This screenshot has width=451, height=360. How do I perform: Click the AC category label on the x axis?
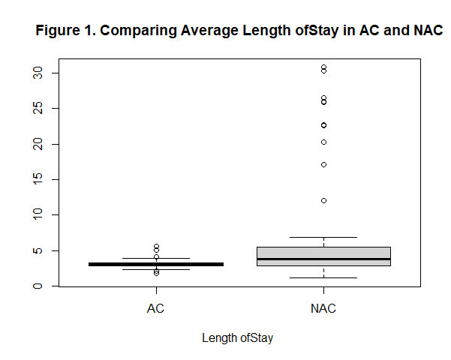(x=156, y=307)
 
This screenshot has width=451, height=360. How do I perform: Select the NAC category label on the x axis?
(x=323, y=307)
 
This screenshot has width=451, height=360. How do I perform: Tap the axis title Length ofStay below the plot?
(x=238, y=338)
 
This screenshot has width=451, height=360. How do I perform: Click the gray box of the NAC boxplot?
(x=323, y=253)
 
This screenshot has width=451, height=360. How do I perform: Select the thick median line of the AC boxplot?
(x=156, y=264)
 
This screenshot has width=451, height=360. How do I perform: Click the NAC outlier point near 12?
(x=323, y=200)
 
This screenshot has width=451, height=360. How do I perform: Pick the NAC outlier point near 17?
(x=323, y=164)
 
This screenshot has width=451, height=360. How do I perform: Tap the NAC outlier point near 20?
(x=323, y=142)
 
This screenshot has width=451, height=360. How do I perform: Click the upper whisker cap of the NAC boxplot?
(x=323, y=237)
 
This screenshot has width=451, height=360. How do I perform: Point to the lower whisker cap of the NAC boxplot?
(x=323, y=277)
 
